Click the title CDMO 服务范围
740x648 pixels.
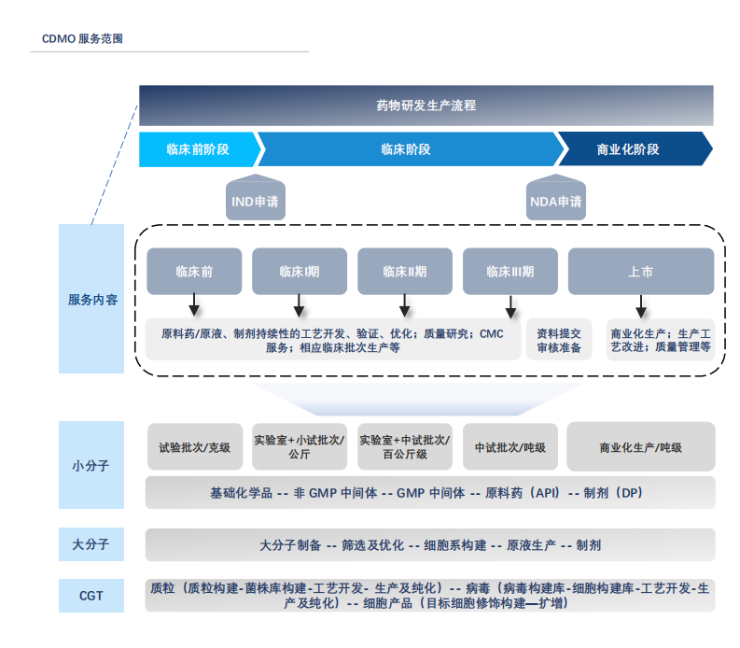point(83,39)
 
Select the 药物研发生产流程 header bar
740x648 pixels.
point(426,106)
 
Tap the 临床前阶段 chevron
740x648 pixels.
point(197,149)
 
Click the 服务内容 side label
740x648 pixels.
point(91,300)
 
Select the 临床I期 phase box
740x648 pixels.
point(299,272)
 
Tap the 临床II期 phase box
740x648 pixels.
point(404,272)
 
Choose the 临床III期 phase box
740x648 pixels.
point(510,272)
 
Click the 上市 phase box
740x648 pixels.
point(640,272)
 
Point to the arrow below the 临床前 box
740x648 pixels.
point(193,305)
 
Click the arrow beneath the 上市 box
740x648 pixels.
point(640,305)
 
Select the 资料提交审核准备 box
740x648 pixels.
point(559,340)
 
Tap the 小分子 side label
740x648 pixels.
point(91,464)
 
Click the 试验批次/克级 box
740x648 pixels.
point(194,447)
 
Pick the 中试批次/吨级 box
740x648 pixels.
point(510,447)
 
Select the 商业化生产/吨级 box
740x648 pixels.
point(640,447)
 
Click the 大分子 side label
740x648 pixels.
point(91,543)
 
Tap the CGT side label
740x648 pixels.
point(91,595)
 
